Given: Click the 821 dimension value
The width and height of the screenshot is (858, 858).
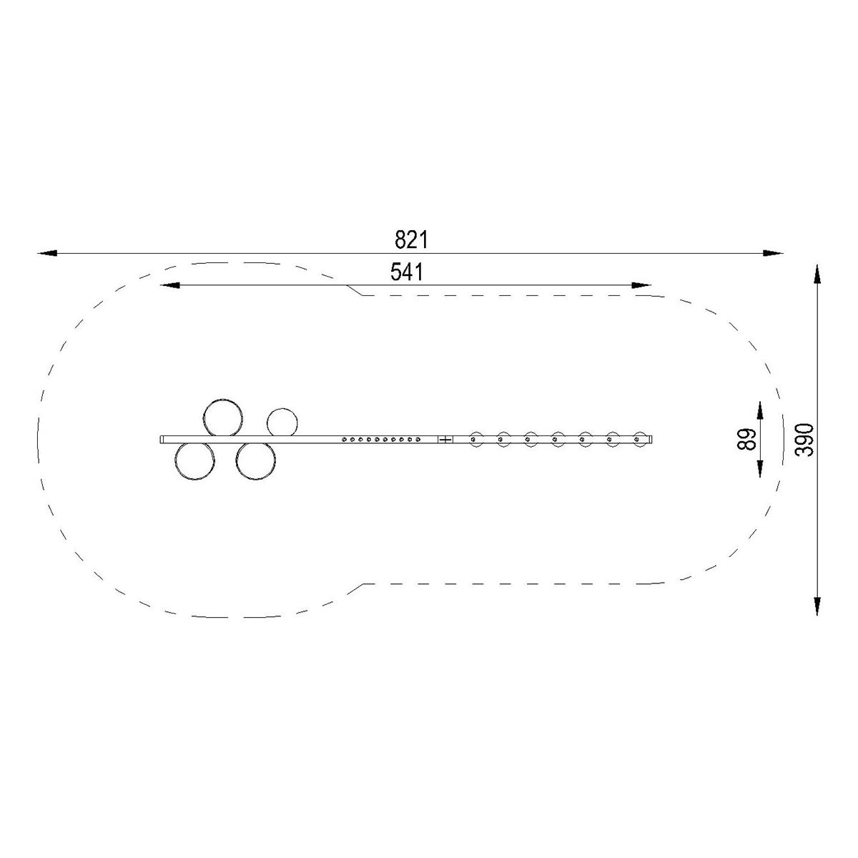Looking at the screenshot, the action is point(411,240).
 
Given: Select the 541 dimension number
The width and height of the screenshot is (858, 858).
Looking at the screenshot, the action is point(407,272).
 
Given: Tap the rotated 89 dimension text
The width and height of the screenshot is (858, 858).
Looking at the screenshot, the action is point(748,440).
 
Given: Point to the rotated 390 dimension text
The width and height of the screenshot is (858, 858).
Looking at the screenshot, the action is point(804,440).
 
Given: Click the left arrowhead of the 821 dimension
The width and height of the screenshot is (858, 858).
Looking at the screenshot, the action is point(47,253).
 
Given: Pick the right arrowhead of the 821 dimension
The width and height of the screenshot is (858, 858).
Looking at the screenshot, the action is point(772,253).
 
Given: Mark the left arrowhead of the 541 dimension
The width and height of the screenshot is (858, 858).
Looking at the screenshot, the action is point(169,285).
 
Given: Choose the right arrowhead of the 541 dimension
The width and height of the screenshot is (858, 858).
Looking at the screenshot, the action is point(641,285).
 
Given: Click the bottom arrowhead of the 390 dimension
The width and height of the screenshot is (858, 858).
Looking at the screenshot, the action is point(817,605).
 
